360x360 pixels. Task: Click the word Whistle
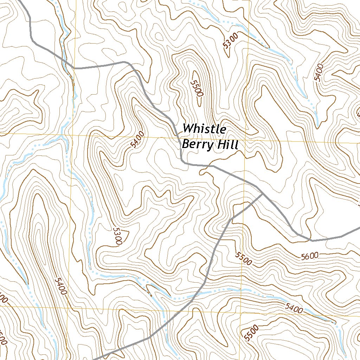pos(204,129)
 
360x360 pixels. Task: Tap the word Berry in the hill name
pos(195,144)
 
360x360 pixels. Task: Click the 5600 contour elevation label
pos(309,256)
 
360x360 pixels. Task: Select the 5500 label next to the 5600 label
pos(244,259)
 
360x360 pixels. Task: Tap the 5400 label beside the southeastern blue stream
pos(294,309)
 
